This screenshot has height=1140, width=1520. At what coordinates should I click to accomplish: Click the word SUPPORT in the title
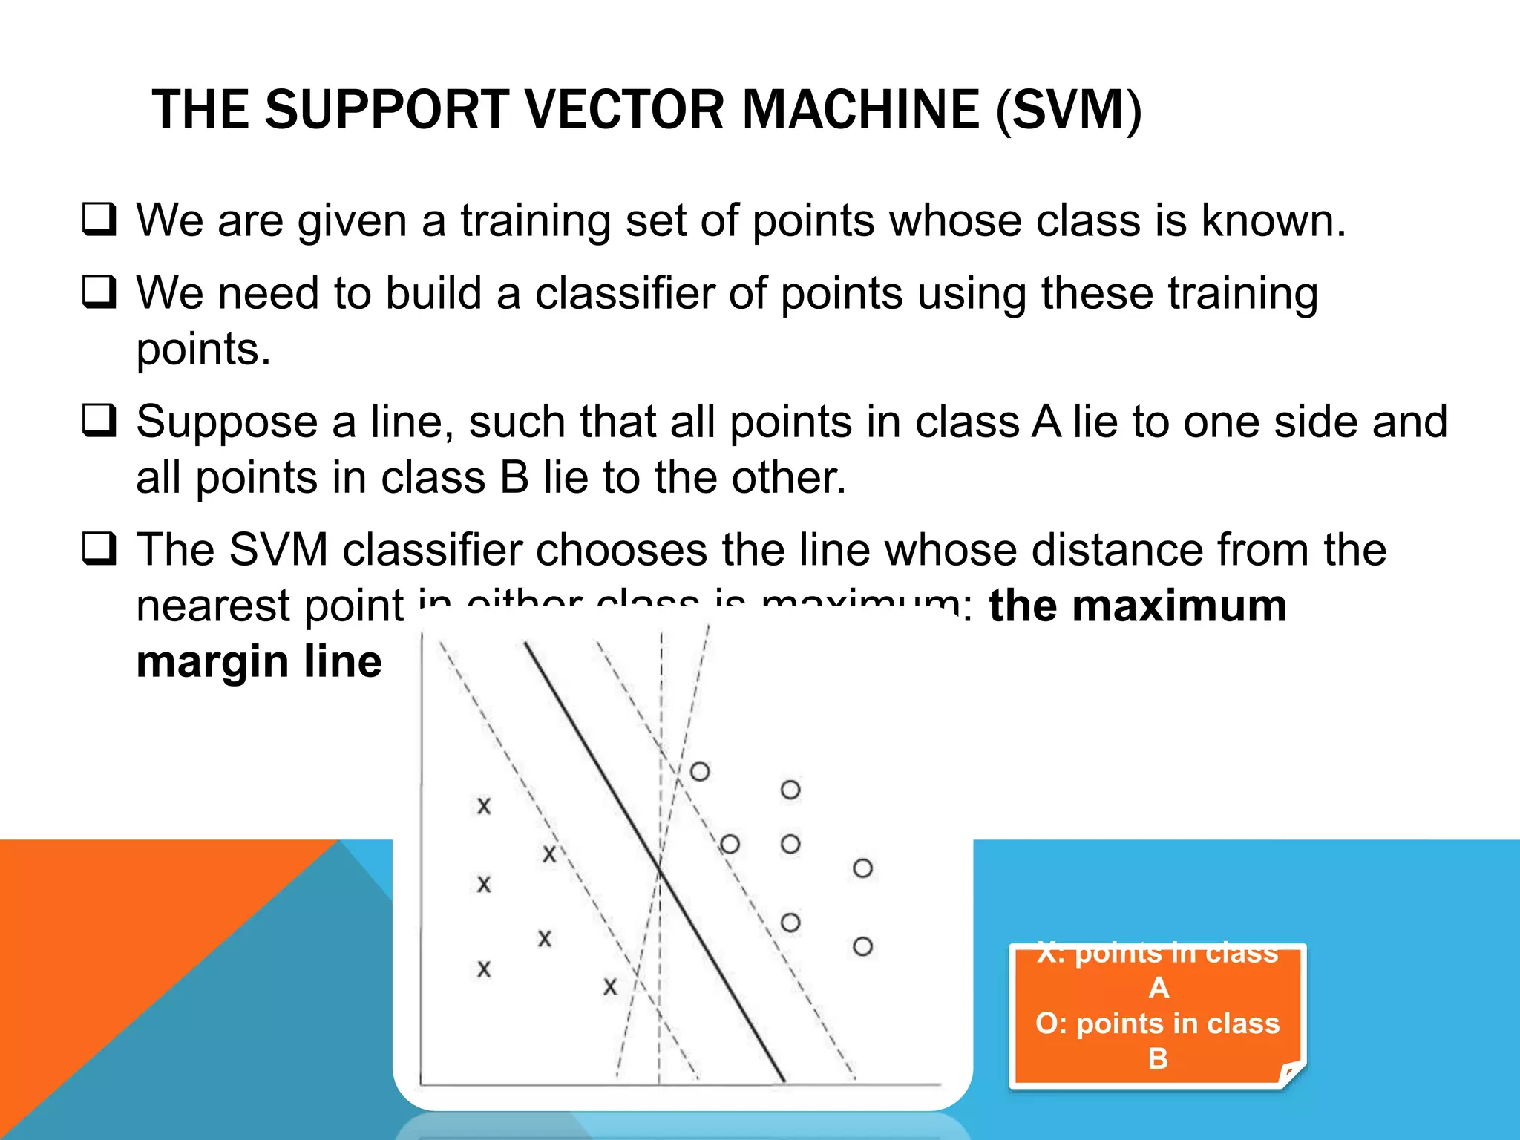386,110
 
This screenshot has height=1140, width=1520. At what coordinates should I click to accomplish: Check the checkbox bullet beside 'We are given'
99,220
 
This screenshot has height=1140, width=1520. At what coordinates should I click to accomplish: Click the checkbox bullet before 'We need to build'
99,292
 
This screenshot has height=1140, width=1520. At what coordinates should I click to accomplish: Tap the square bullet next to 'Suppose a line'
99,420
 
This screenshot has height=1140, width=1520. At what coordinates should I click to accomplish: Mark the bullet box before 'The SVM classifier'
99,548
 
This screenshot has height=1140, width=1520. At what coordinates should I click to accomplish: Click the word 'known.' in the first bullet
1274,220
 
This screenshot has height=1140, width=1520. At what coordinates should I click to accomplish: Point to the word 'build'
433,292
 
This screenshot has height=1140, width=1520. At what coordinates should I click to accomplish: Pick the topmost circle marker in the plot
699,772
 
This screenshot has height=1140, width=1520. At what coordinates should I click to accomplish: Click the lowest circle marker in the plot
862,946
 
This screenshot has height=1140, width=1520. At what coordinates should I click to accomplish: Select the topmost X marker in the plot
484,806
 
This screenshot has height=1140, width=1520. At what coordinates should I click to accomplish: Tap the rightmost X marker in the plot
610,987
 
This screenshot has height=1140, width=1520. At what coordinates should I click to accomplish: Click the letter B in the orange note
1158,1058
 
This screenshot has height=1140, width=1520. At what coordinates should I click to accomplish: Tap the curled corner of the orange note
1292,1073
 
